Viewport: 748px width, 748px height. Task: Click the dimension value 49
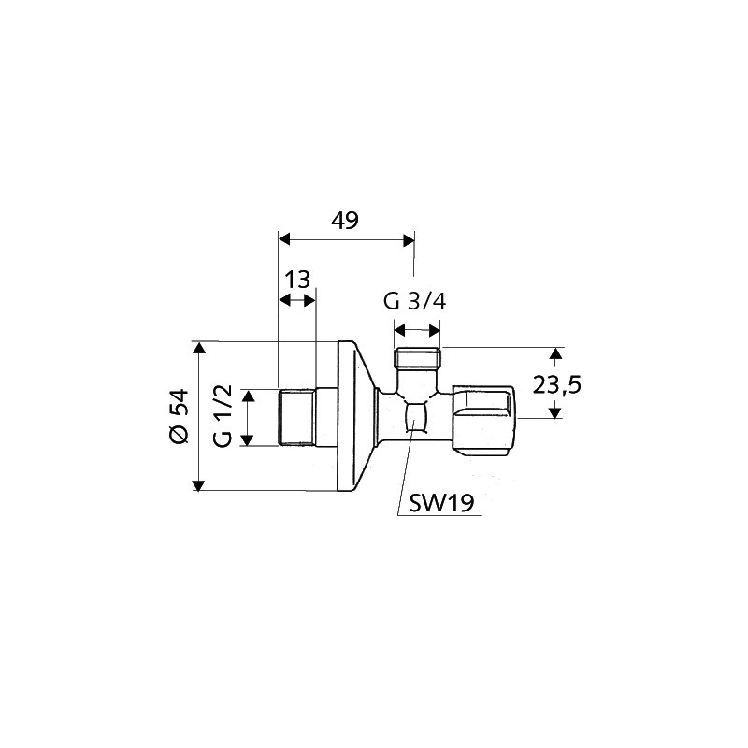[x=345, y=221]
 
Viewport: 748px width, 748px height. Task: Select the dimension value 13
[x=297, y=279]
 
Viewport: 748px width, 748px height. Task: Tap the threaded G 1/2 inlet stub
[x=297, y=416]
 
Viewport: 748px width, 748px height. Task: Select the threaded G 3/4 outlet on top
[x=416, y=358]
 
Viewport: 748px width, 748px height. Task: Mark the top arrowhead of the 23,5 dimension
[x=555, y=353]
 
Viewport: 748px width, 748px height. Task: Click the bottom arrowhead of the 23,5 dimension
[x=555, y=410]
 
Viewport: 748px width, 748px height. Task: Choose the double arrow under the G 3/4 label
[x=417, y=329]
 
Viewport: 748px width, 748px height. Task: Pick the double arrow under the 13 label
[x=297, y=300]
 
